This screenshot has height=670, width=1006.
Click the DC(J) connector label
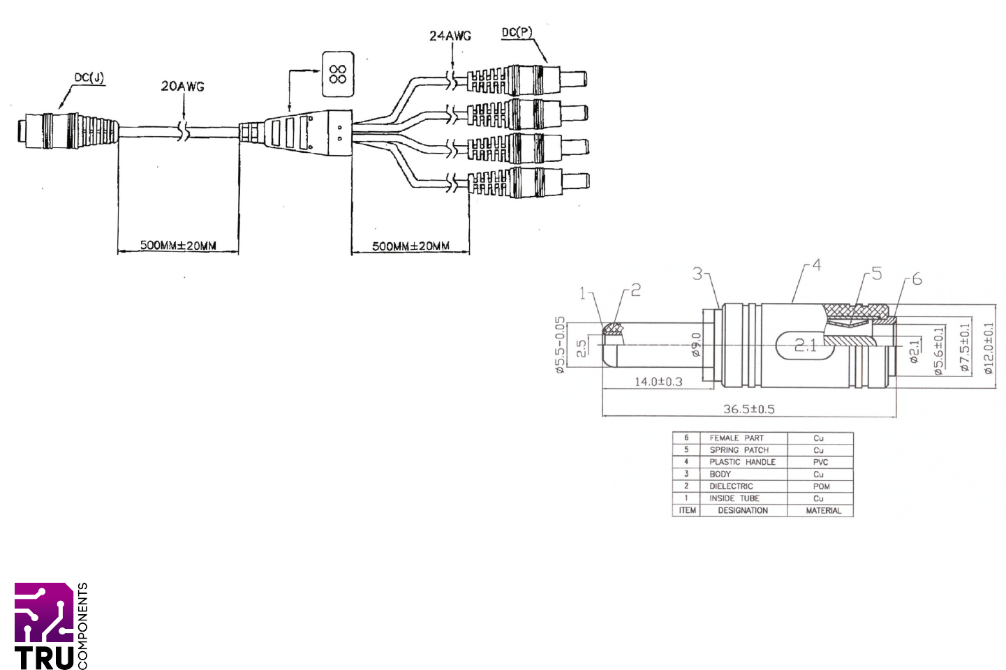point(89,77)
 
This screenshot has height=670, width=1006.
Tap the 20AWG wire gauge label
point(182,87)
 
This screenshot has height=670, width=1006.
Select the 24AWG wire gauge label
point(450,36)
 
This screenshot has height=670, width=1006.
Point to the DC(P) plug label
point(517,32)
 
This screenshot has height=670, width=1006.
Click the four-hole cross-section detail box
point(338,74)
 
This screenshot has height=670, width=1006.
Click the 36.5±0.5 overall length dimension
point(748,409)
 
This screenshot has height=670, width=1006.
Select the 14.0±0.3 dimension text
point(658,382)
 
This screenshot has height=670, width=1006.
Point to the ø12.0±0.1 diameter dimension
point(989,348)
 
